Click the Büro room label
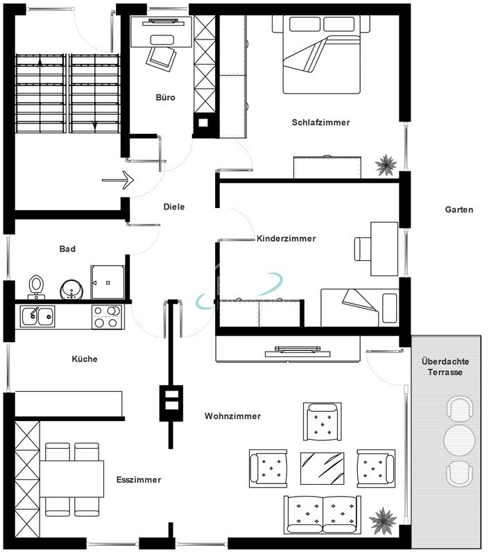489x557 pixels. click(x=166, y=97)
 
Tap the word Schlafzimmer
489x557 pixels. click(x=320, y=123)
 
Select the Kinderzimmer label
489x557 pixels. click(x=286, y=239)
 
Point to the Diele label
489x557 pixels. click(x=174, y=207)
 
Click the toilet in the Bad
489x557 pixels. click(x=35, y=286)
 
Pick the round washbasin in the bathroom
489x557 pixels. click(x=71, y=289)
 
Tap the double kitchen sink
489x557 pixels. click(x=37, y=316)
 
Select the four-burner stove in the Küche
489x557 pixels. click(x=107, y=316)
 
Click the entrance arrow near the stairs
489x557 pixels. click(x=118, y=180)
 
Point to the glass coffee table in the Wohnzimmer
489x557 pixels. click(x=322, y=468)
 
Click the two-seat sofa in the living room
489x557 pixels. click(x=323, y=515)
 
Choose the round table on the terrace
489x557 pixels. click(x=459, y=440)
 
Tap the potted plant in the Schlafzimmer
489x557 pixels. click(x=386, y=165)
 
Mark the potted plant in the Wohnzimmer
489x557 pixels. click(x=383, y=521)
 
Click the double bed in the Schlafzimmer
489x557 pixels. click(x=321, y=54)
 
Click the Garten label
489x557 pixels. click(x=459, y=209)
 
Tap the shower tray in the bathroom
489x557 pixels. click(x=108, y=283)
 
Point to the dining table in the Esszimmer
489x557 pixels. click(x=71, y=479)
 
